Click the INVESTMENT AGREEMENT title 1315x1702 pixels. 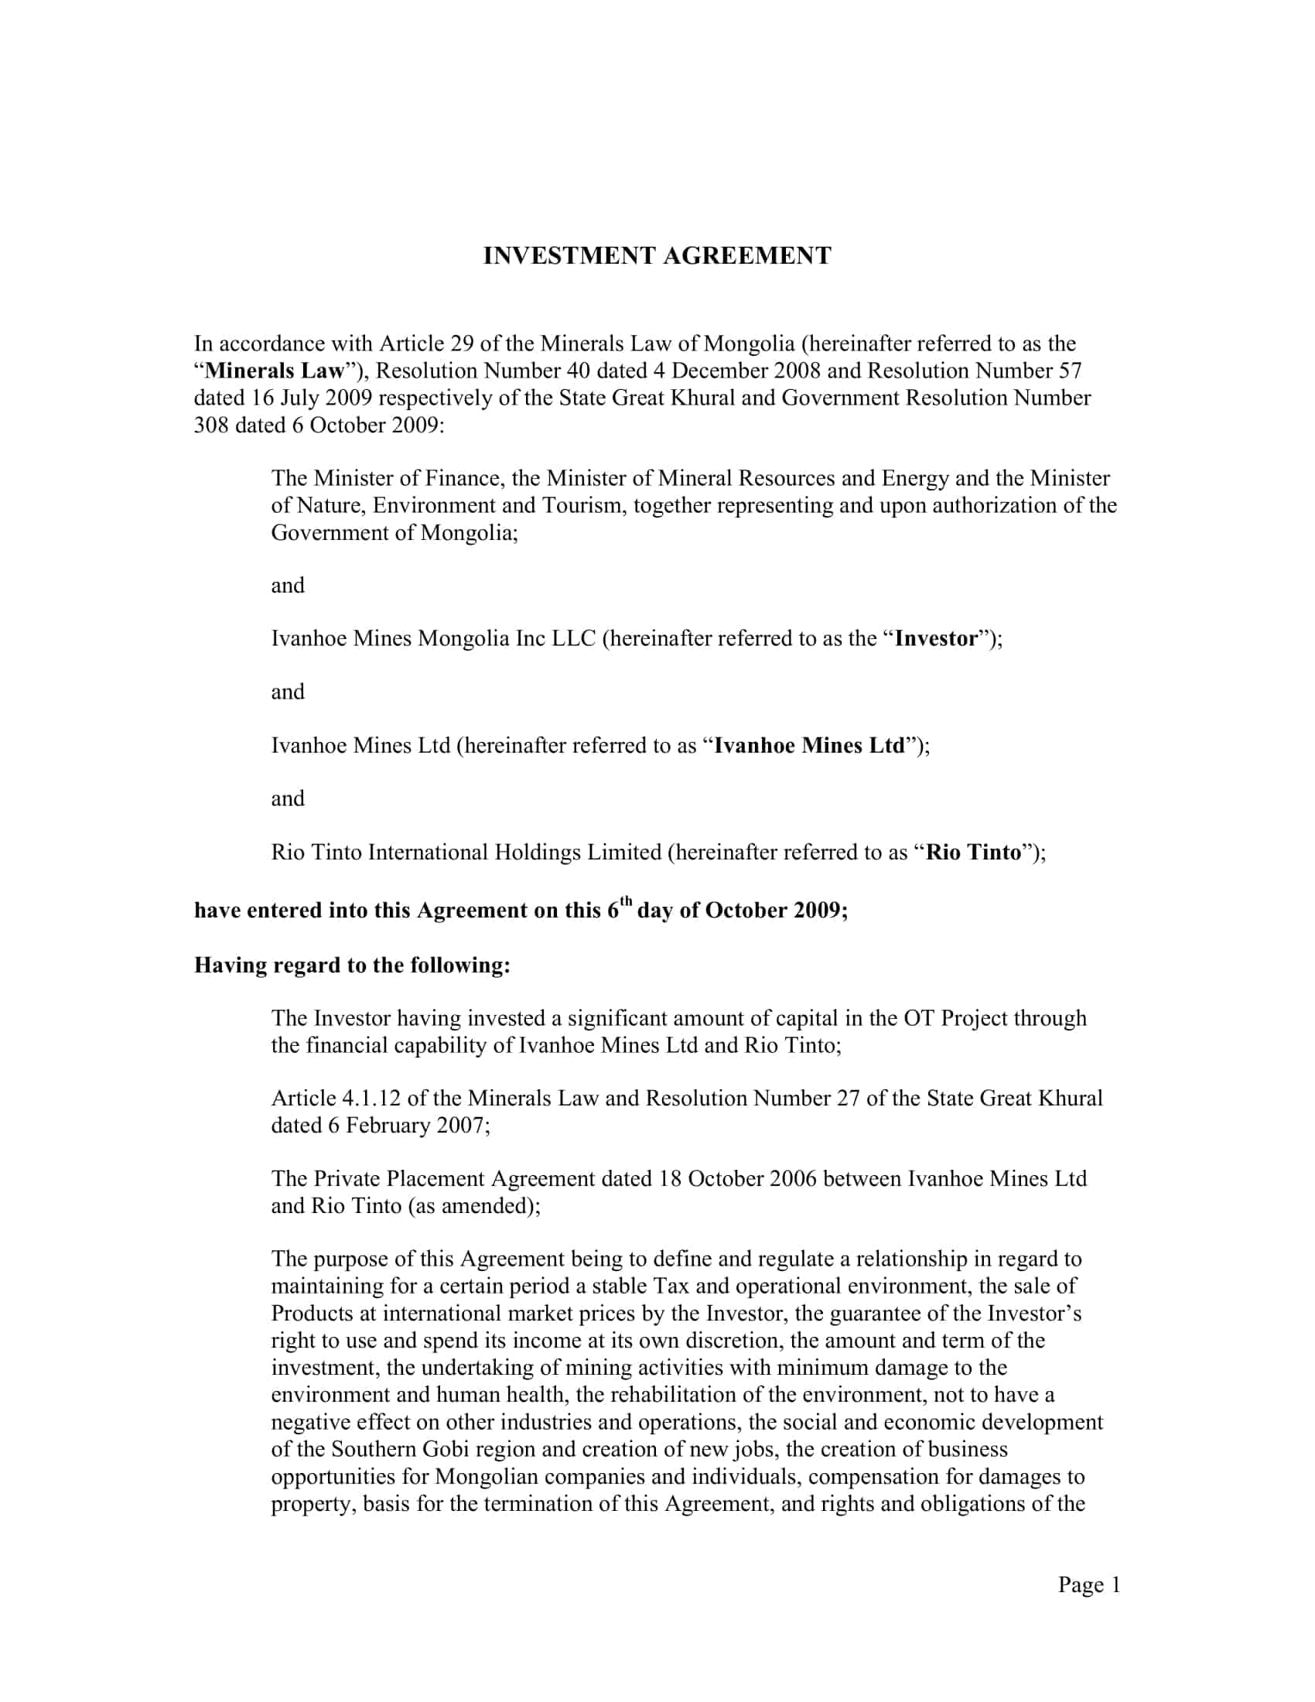pos(657,256)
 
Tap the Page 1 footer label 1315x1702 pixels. pos(1088,1584)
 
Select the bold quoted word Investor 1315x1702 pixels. pos(936,639)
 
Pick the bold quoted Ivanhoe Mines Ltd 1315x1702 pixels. pos(810,746)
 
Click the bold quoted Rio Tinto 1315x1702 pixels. pos(973,853)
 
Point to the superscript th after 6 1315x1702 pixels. pos(625,902)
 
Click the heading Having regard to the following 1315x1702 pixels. pos(352,965)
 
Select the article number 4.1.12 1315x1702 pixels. pos(371,1099)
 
